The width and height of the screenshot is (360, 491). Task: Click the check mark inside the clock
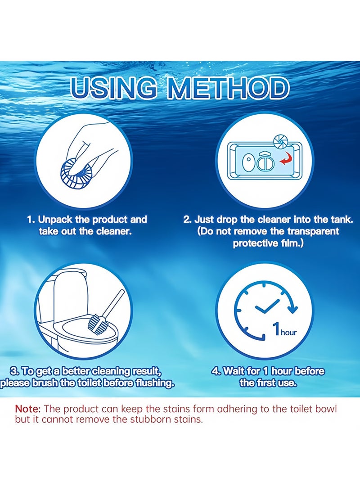pyautogui.click(x=267, y=308)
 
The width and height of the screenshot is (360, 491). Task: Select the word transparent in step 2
pyautogui.click(x=312, y=232)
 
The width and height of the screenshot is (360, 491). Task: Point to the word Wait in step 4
pyautogui.click(x=234, y=372)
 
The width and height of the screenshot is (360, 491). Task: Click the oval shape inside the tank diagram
pyautogui.click(x=248, y=162)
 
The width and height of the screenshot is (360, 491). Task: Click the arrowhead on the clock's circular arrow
pyautogui.click(x=293, y=308)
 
